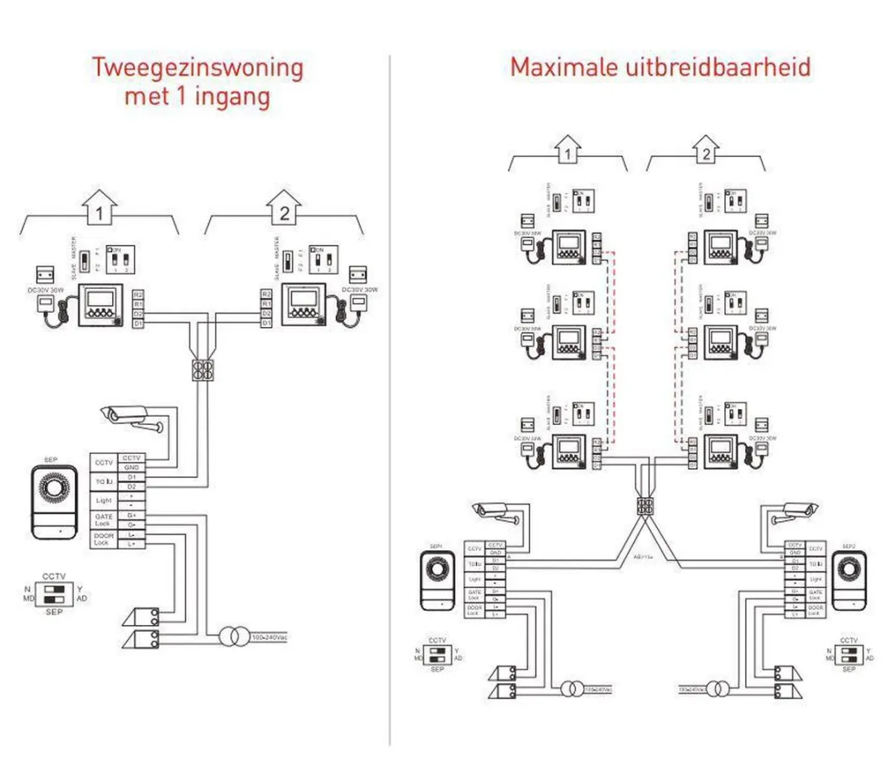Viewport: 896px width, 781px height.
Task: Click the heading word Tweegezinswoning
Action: point(197,66)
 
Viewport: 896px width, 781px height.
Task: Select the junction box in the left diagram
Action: point(201,369)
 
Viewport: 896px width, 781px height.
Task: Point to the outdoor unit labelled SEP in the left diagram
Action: point(54,502)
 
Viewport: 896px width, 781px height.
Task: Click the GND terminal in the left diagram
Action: point(132,468)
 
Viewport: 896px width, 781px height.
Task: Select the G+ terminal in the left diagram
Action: point(132,515)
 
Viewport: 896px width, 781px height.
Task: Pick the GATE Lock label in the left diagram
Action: point(103,520)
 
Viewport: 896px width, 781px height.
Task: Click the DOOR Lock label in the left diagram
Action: point(103,539)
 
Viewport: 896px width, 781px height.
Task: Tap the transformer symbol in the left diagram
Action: point(231,637)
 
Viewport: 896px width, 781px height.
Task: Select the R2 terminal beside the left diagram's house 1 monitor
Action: point(138,295)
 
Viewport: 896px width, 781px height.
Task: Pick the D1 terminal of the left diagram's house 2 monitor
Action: point(265,323)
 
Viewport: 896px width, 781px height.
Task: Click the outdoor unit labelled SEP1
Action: point(436,579)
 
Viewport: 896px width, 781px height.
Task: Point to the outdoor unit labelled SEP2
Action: point(850,579)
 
